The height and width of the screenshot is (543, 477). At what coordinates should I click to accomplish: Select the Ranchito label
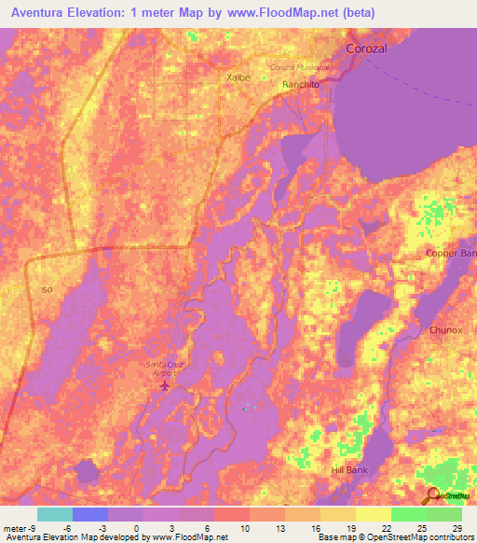click(x=301, y=84)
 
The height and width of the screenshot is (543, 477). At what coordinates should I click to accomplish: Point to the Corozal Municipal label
click(x=300, y=67)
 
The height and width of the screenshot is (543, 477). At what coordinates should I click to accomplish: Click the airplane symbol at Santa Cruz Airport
click(x=166, y=384)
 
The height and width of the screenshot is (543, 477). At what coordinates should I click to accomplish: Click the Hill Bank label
click(x=351, y=470)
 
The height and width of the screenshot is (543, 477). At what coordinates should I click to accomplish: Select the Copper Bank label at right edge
click(x=451, y=254)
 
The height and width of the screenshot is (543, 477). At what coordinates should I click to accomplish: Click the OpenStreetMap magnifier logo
click(x=434, y=495)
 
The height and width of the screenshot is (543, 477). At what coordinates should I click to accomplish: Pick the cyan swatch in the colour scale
click(x=54, y=514)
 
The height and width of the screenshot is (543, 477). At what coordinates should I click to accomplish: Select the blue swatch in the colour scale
click(x=89, y=514)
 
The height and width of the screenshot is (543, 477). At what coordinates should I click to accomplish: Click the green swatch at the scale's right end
click(x=444, y=514)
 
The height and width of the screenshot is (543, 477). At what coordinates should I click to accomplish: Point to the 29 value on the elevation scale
click(x=457, y=527)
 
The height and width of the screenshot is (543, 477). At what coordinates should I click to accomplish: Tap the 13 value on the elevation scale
click(x=279, y=527)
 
